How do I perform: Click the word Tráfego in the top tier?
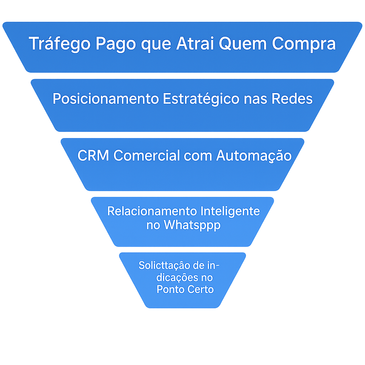tap(60, 43)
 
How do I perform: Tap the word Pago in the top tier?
tap(116, 44)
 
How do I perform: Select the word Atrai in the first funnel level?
tap(195, 43)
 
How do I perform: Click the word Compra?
tap(304, 44)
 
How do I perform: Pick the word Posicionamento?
tap(106, 98)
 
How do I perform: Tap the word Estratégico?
tap(201, 99)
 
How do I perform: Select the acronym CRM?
tap(93, 155)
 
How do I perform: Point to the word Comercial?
tap(146, 155)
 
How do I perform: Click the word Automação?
tap(254, 156)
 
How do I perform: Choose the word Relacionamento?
tap(152, 211)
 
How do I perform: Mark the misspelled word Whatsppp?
tap(192, 225)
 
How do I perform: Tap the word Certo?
tap(201, 289)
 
